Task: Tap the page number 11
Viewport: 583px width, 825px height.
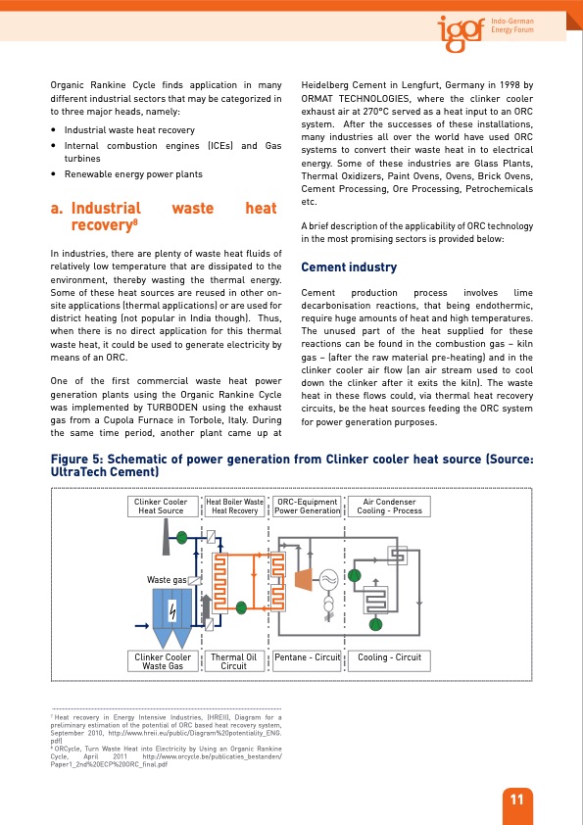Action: coord(516,801)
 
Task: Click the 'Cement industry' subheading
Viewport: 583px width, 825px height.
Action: coord(348,267)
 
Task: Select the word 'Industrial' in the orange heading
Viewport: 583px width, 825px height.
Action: coord(106,209)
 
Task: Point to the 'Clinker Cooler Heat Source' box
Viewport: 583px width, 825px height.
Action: coord(161,507)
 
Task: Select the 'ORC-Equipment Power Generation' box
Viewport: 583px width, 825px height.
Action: coord(308,507)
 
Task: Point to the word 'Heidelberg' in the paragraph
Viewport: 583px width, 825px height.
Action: coord(326,86)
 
